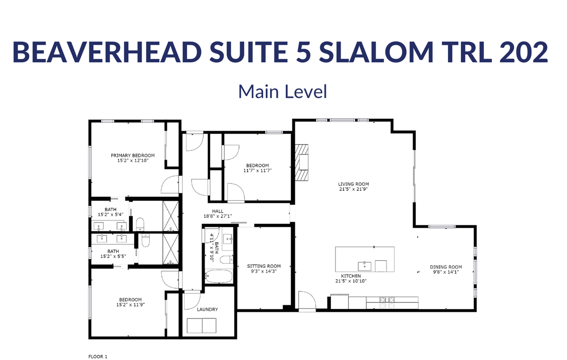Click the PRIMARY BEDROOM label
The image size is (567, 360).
pyautogui.click(x=133, y=155)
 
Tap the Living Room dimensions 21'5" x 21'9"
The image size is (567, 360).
pyautogui.click(x=353, y=189)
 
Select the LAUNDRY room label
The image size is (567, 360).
pyautogui.click(x=207, y=309)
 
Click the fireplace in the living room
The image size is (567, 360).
pyautogui.click(x=302, y=163)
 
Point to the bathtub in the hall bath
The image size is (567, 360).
pyautogui.click(x=219, y=276)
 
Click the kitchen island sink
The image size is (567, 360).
pyautogui.click(x=364, y=266)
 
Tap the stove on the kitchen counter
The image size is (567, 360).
pyautogui.click(x=387, y=303)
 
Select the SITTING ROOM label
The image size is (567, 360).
pyautogui.click(x=264, y=266)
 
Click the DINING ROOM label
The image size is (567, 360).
pyautogui.click(x=446, y=267)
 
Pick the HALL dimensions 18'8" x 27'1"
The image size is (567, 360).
pyautogui.click(x=218, y=216)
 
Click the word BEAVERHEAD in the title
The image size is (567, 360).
pyautogui.click(x=107, y=52)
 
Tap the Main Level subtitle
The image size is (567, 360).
pyautogui.click(x=283, y=91)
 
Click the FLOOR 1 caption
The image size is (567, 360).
pyautogui.click(x=98, y=357)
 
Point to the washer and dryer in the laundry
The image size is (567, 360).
pyautogui.click(x=201, y=326)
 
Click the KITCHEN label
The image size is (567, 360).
pyautogui.click(x=351, y=276)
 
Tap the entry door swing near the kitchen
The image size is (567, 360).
pyautogui.click(x=307, y=301)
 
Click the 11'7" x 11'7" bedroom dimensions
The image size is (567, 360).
pyautogui.click(x=258, y=171)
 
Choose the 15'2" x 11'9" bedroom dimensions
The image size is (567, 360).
pyautogui.click(x=130, y=305)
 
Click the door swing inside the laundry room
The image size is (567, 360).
pyautogui.click(x=192, y=300)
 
